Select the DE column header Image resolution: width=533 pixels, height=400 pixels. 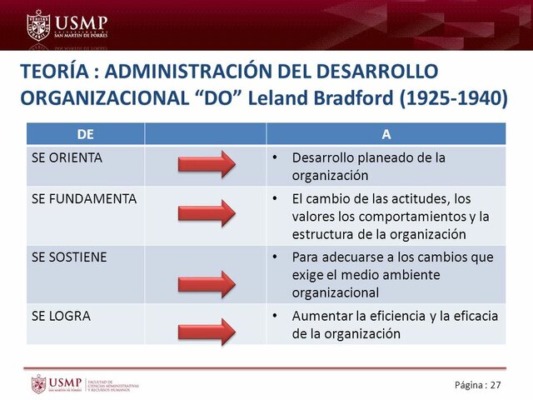85,133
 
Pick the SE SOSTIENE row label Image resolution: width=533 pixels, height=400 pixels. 69,257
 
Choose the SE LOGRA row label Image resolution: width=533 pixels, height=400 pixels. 61,316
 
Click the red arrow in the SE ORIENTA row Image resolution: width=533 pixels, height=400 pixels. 207,164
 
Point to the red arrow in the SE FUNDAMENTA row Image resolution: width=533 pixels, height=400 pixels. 207,214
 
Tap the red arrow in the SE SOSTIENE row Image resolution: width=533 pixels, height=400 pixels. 207,280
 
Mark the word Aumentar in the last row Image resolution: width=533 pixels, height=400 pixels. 317,317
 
